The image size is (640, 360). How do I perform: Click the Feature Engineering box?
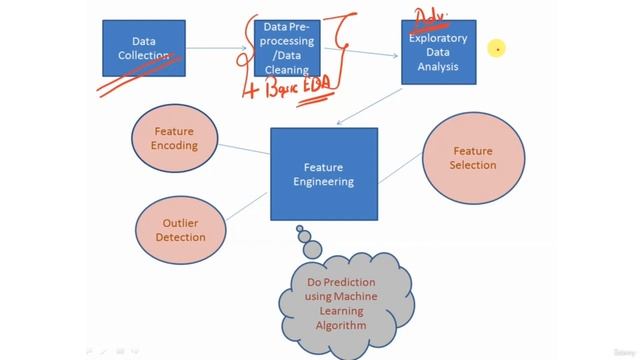point(323,174)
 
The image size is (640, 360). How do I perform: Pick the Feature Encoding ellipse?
point(175,138)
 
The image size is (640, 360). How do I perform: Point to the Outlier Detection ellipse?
point(180,229)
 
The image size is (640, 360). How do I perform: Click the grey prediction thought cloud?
point(336,296)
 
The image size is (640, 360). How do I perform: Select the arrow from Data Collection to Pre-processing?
point(217,47)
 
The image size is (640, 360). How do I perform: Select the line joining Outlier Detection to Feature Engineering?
point(246,204)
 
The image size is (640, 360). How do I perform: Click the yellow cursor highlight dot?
point(495,47)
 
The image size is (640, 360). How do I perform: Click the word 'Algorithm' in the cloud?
point(337,325)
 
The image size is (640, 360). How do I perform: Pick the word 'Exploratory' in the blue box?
point(439,39)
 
